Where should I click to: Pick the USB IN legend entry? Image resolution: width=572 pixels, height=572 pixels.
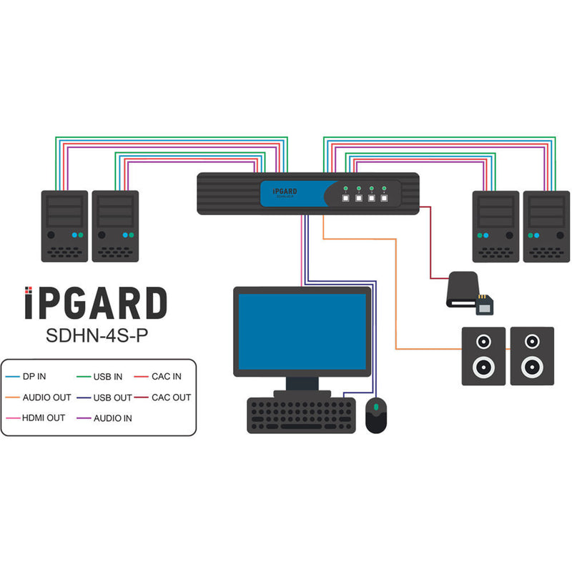coord(108,376)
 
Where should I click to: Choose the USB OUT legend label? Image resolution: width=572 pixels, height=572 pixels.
coord(112,397)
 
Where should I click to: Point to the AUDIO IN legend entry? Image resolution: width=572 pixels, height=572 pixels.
coord(112,418)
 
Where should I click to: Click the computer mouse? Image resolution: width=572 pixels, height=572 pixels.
coord(377,415)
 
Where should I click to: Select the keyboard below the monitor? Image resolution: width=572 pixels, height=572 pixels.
coord(301,415)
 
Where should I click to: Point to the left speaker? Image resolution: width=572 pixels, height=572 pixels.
coord(483,356)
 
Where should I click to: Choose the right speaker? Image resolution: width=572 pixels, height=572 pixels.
coord(531,356)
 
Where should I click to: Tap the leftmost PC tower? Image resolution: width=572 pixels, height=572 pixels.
coord(64,226)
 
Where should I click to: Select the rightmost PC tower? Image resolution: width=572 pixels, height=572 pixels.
coord(546,226)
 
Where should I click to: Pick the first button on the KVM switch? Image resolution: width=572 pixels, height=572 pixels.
coord(345,199)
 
